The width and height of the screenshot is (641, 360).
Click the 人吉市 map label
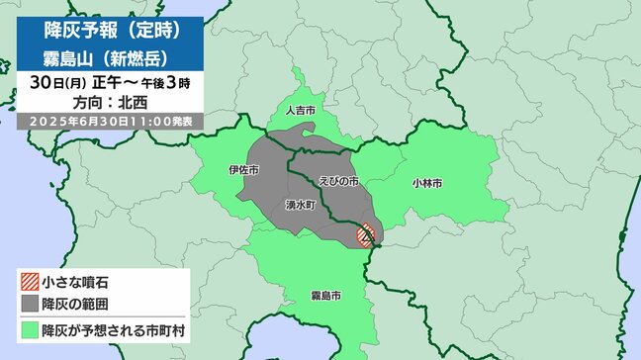[x=298, y=112]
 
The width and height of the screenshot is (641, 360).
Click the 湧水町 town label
[x=297, y=203]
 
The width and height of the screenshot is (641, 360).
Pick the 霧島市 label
[x=326, y=295]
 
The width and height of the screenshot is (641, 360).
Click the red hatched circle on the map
[x=365, y=236]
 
